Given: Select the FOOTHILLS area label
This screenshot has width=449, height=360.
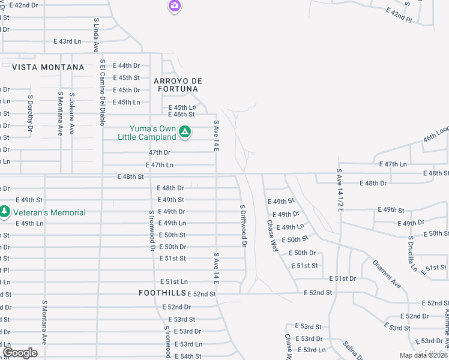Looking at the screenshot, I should click(161, 293).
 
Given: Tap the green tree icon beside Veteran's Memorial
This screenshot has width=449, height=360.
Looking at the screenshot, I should click(5, 212).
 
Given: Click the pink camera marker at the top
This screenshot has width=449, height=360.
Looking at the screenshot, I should click(174, 6).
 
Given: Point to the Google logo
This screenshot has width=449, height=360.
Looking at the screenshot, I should click(20, 353).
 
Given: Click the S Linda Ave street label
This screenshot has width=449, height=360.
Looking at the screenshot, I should click(96, 35).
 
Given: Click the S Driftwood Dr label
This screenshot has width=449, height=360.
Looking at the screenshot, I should click(243, 226).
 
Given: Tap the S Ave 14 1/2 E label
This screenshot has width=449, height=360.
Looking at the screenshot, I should click(339, 193).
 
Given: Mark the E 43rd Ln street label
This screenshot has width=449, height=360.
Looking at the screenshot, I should click(67, 41).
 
